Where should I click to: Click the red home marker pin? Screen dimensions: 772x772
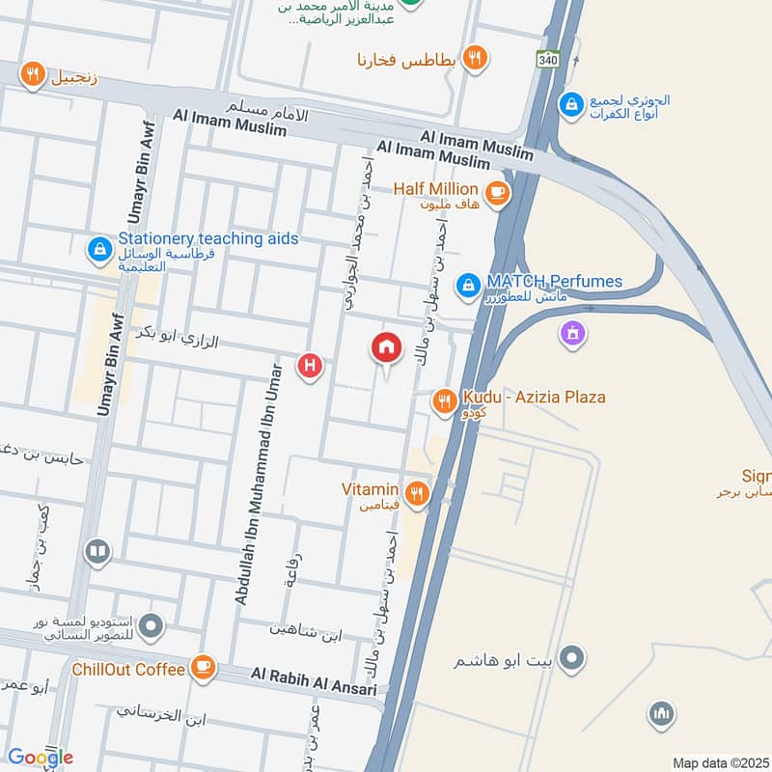point(386,347)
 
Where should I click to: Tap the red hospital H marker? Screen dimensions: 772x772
point(310,365)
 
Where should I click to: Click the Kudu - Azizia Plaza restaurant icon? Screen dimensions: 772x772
point(444,400)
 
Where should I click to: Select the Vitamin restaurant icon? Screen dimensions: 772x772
point(417,494)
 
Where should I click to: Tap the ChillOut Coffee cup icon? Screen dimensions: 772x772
point(203,669)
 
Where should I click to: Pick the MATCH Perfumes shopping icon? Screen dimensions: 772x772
point(468,285)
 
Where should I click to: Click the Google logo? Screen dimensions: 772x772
point(41,758)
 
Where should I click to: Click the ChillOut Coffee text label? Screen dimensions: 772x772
point(127,669)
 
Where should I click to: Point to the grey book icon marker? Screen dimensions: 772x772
point(96,552)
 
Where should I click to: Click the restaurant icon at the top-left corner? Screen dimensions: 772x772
point(33,73)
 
